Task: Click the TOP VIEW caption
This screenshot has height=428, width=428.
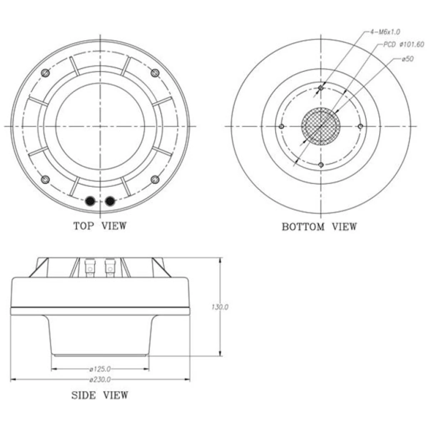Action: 100,226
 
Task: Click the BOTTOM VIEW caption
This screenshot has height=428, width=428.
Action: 319,226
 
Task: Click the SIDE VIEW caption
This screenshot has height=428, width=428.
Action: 100,395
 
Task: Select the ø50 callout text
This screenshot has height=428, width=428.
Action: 407,59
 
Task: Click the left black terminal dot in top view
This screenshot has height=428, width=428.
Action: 91,202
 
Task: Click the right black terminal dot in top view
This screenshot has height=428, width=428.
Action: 111,202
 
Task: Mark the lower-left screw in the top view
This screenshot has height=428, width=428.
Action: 45,179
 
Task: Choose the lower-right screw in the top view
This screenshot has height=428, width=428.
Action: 155,179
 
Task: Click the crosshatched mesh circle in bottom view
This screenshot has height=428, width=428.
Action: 321,126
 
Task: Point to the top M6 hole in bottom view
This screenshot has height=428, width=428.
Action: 321,87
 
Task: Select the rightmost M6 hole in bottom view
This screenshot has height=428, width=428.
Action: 360,126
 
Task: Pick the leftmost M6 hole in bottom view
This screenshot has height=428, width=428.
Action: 282,126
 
